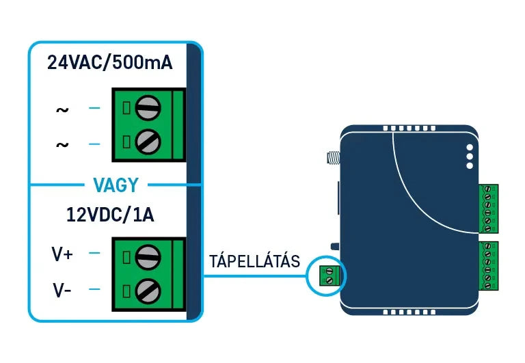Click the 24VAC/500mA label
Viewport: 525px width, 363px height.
click(x=110, y=63)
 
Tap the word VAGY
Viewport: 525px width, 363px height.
click(x=115, y=185)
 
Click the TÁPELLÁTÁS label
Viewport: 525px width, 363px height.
click(x=254, y=261)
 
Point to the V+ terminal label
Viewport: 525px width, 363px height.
click(x=63, y=255)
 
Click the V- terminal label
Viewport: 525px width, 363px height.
click(x=62, y=291)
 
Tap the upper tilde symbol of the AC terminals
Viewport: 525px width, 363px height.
click(x=62, y=109)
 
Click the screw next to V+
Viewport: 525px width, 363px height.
click(x=148, y=256)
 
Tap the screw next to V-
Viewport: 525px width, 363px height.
click(x=148, y=292)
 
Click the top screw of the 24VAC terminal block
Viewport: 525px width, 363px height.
click(x=148, y=107)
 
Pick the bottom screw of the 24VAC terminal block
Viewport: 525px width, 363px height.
click(x=148, y=143)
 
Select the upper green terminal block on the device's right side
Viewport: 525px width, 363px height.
click(x=488, y=209)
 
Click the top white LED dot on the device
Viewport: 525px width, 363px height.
click(x=470, y=147)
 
